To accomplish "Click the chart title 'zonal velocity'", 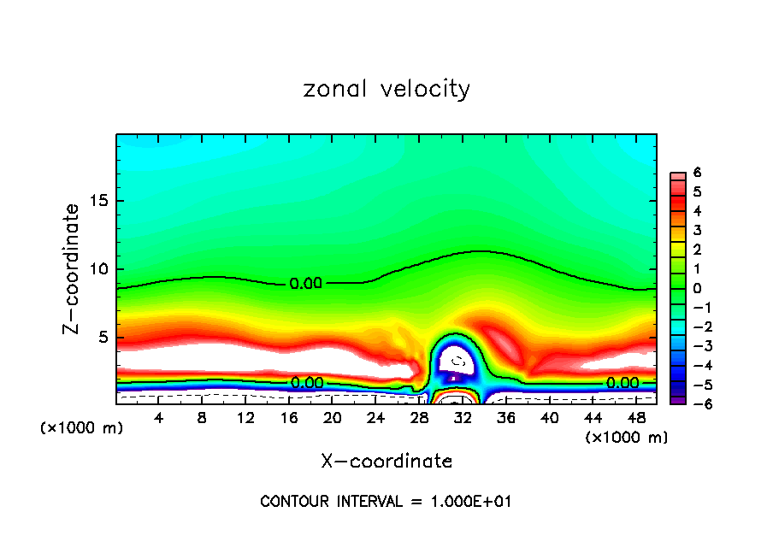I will (386, 89).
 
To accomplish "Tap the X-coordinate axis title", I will (386, 462).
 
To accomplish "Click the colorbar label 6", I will (698, 173).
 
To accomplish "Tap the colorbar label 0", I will (698, 288).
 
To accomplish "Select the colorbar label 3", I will (698, 230).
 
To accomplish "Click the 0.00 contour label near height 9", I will (305, 284).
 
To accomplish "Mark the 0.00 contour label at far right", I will (622, 383).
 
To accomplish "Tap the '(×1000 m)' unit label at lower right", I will (627, 438).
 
